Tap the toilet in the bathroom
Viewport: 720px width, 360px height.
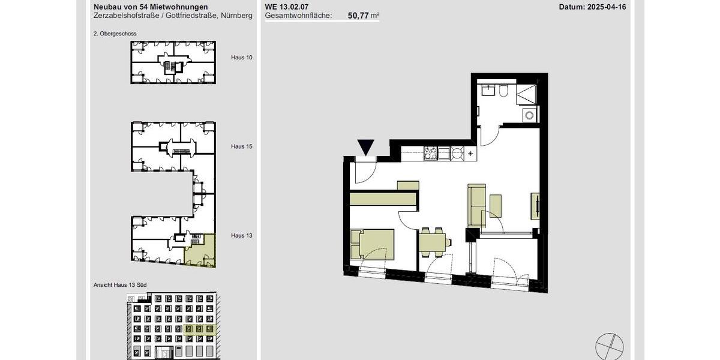[503, 91]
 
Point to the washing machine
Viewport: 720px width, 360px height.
[529, 115]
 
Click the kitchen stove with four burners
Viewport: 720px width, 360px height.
[430, 154]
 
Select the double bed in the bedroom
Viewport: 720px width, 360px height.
[373, 244]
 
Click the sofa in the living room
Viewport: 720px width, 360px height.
[476, 205]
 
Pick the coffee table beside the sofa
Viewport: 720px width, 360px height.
[496, 206]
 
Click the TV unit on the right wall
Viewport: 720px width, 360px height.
[535, 206]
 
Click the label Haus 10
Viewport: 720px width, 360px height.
[241, 58]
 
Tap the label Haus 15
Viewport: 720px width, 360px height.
[241, 146]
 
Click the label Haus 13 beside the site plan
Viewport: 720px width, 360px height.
[241, 236]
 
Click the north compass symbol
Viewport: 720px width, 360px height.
[609, 347]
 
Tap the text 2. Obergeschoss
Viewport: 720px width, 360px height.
[115, 34]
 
